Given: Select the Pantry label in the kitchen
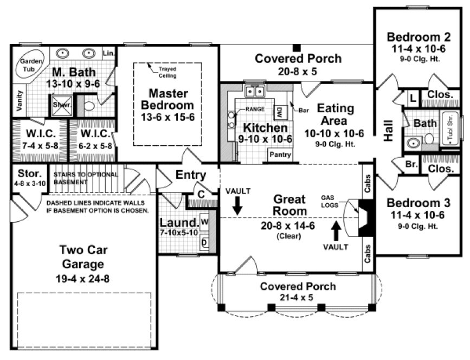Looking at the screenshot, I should (280, 155).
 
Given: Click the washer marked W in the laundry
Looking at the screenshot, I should (204, 222).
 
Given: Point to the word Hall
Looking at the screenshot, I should (388, 131).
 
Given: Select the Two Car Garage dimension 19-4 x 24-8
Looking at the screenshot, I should (82, 280).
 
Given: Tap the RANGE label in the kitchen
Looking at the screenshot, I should (254, 108).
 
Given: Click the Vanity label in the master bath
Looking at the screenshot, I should (20, 101).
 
